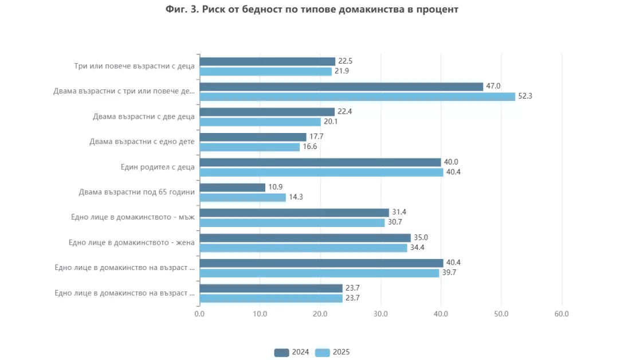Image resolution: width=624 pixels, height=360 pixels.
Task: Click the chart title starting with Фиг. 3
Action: pyautogui.click(x=312, y=10)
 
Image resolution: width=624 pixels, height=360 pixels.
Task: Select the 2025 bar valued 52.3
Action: pyautogui.click(x=358, y=96)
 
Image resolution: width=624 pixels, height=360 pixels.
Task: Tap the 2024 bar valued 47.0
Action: pyautogui.click(x=342, y=87)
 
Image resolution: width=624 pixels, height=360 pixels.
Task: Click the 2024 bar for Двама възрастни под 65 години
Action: pyautogui.click(x=233, y=187)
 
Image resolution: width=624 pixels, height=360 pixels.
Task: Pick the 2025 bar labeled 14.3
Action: pyautogui.click(x=242, y=197)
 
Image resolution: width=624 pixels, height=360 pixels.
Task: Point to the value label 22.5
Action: pyautogui.click(x=346, y=61)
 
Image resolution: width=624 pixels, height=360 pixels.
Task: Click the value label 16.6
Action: pyautogui.click(x=310, y=147)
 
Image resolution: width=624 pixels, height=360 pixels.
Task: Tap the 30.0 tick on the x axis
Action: pyautogui.click(x=380, y=314)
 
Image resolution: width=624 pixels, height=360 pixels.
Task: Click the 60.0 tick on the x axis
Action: pyautogui.click(x=562, y=314)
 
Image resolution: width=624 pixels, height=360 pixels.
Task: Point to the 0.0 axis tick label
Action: pyautogui.click(x=199, y=314)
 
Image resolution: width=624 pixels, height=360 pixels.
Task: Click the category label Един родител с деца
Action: pyautogui.click(x=158, y=167)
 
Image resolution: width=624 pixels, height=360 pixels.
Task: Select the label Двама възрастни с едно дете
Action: pyautogui.click(x=142, y=142)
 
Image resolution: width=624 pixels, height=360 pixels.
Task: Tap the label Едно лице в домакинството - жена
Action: pyautogui.click(x=131, y=242)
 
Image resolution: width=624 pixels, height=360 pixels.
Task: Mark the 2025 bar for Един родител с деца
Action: pyautogui.click(x=321, y=172)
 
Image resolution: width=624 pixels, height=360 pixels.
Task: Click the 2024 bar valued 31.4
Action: pyautogui.click(x=294, y=213)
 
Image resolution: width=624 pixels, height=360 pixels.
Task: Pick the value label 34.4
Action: pyautogui.click(x=418, y=248)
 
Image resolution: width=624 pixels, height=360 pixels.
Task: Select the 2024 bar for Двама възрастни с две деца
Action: pyautogui.click(x=267, y=112)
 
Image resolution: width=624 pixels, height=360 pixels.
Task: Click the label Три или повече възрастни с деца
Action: pyautogui.click(x=134, y=66)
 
